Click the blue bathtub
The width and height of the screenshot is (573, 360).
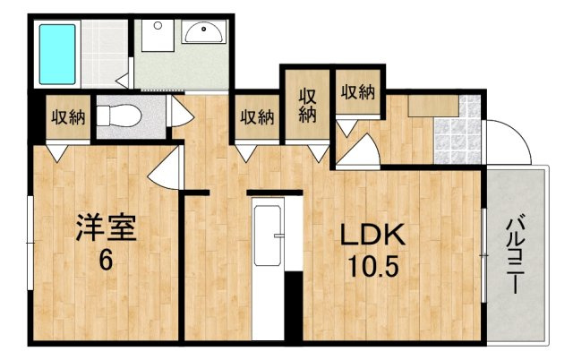click(x=57, y=55)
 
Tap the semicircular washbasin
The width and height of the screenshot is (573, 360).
click(x=203, y=31)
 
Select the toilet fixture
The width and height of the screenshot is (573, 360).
click(x=119, y=116)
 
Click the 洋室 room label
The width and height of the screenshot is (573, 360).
click(x=106, y=228)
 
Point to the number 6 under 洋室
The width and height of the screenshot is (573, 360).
click(x=106, y=261)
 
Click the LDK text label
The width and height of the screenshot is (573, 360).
click(x=372, y=235)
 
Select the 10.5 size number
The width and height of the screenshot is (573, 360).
click(x=372, y=266)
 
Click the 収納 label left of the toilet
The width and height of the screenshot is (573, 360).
click(x=68, y=117)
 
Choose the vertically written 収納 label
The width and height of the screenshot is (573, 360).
click(x=308, y=106)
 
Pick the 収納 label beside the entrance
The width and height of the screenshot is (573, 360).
click(x=358, y=91)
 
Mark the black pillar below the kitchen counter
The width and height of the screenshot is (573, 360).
click(x=294, y=306)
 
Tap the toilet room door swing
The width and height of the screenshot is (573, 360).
click(x=180, y=111)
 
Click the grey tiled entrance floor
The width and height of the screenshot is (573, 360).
click(x=458, y=129)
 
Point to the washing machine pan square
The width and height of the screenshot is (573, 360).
click(x=158, y=36)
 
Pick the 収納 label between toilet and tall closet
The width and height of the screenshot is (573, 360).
click(x=257, y=117)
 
